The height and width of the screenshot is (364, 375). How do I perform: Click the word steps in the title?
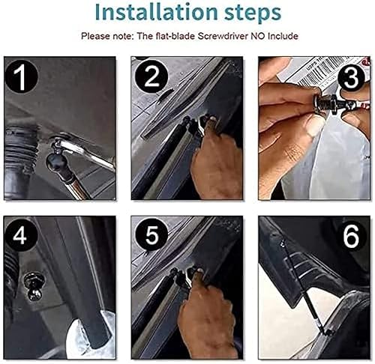click(x=245, y=13)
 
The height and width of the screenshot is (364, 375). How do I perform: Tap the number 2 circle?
click(x=151, y=77)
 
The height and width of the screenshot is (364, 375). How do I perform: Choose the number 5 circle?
click(x=151, y=237)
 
